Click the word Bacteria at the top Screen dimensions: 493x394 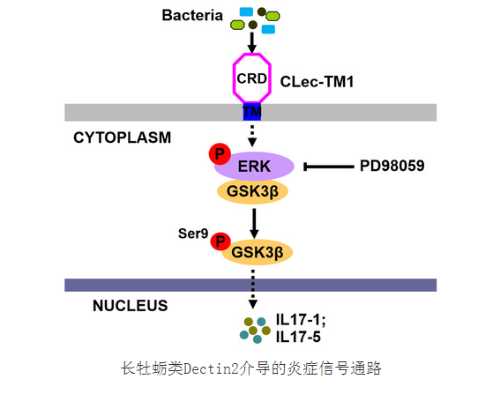[192, 15]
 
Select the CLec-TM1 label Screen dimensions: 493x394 [317, 82]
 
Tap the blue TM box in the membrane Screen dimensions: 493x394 [252, 112]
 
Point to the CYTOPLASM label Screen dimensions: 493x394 [122, 138]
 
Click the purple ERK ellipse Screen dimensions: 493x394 [254, 167]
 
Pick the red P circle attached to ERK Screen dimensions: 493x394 [220, 153]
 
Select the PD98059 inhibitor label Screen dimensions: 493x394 [392, 166]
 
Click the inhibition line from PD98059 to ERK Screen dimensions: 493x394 [329, 167]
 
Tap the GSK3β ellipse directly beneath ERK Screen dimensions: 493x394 [252, 191]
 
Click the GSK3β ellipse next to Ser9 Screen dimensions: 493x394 [258, 252]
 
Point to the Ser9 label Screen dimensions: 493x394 [193, 234]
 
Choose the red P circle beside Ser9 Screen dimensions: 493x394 [220, 242]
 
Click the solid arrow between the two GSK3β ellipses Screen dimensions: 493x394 [254, 223]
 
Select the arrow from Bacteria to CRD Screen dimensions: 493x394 [251, 42]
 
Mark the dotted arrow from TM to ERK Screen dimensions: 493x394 [252, 136]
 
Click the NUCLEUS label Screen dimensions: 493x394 [131, 306]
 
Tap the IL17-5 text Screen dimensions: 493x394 [298, 337]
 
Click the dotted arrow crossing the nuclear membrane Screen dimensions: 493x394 [253, 289]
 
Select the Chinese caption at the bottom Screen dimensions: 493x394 [251, 368]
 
